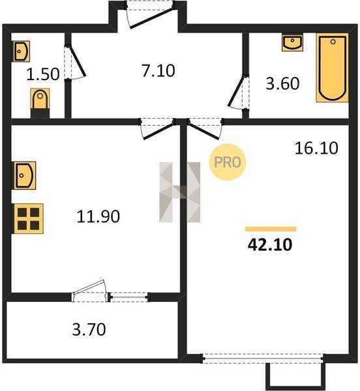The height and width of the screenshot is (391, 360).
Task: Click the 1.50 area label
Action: click(43, 74)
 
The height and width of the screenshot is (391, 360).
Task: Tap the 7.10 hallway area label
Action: click(158, 70)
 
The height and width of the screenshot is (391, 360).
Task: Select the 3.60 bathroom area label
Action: click(282, 83)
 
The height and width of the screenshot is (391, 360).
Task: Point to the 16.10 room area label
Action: click(316, 148)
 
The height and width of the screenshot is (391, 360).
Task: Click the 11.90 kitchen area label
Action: click(98, 216)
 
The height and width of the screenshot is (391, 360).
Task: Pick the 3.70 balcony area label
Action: click(89, 329)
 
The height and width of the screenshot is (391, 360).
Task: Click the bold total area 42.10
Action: click(270, 244)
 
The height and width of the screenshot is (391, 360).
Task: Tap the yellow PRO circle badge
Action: click(227, 162)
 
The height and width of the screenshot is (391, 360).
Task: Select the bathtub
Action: click(333, 68)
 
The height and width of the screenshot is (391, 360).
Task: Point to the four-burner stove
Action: click(29, 219)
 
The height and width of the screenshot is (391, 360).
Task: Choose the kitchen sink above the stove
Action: click(24, 175)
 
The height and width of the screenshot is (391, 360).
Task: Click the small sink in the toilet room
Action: click(22, 51)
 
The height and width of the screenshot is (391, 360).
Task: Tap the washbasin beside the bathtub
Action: click(292, 43)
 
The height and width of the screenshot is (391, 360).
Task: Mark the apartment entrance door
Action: click(150, 16)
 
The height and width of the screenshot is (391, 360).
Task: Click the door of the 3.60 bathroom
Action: click(238, 93)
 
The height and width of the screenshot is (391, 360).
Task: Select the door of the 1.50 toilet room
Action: click(76, 63)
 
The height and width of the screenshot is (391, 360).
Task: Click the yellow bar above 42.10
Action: click(271, 229)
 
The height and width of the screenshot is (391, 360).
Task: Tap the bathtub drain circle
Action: click(333, 42)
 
